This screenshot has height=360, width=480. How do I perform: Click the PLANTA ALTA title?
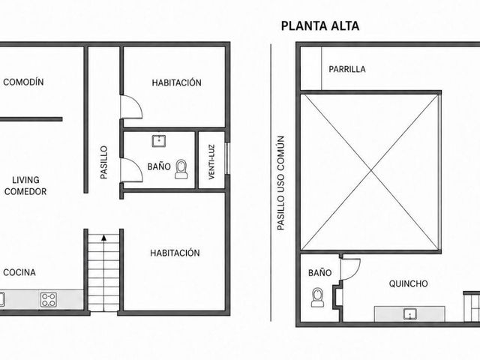click(320, 26)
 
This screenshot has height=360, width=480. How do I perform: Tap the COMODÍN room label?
click(23, 82)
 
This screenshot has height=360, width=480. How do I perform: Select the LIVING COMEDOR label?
click(25, 186)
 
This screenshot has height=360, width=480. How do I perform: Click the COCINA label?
click(19, 272)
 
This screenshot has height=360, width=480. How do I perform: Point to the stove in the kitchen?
click(49, 300)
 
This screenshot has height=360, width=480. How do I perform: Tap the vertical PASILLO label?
click(104, 162)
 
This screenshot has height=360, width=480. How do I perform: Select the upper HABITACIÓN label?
click(177, 82)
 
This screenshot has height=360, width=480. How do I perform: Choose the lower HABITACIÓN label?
click(175, 253)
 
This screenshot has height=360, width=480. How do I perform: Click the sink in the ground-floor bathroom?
click(159, 141)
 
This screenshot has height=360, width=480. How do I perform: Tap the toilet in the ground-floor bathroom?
click(181, 169)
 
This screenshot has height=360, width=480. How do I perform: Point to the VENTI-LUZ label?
click(211, 162)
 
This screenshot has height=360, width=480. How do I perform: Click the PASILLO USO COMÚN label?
click(280, 183)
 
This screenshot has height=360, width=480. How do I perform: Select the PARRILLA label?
click(347, 69)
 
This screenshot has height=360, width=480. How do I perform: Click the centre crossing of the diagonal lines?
click(371, 172)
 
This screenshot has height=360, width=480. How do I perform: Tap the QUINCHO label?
click(408, 283)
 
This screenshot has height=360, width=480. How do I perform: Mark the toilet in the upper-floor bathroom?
click(318, 297)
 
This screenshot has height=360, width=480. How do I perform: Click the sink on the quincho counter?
click(410, 314)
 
